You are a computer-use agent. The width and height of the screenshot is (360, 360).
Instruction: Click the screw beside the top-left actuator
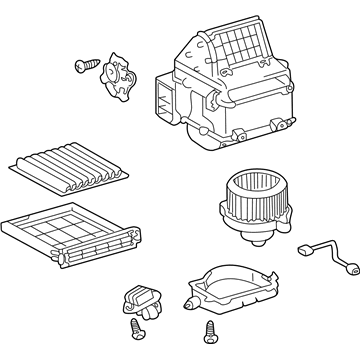(x=83, y=66)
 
